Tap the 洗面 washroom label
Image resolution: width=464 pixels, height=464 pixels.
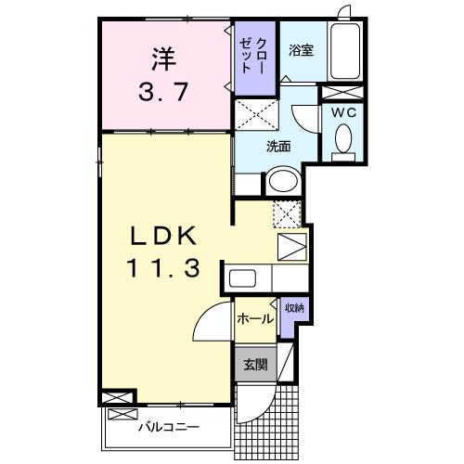click(278, 145)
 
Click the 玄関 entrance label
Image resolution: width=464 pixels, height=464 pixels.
click(256, 365)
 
